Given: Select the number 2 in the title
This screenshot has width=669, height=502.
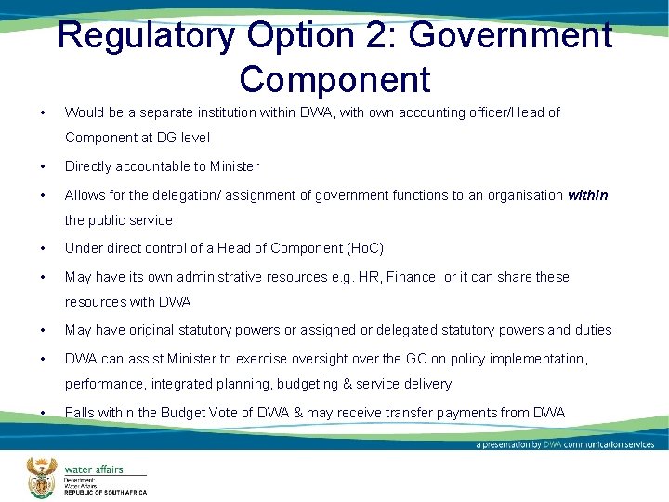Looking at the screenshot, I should point(381,36).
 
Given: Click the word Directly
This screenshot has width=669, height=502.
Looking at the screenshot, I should point(88,166).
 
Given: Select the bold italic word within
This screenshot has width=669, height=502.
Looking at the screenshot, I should point(587,195).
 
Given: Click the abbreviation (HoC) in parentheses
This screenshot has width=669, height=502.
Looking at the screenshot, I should point(364,248).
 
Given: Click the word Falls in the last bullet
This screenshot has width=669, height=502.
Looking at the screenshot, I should point(79,413).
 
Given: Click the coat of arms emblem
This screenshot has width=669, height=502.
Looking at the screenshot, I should point(42,478).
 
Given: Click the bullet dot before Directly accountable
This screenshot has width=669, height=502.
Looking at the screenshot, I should point(44,166).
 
